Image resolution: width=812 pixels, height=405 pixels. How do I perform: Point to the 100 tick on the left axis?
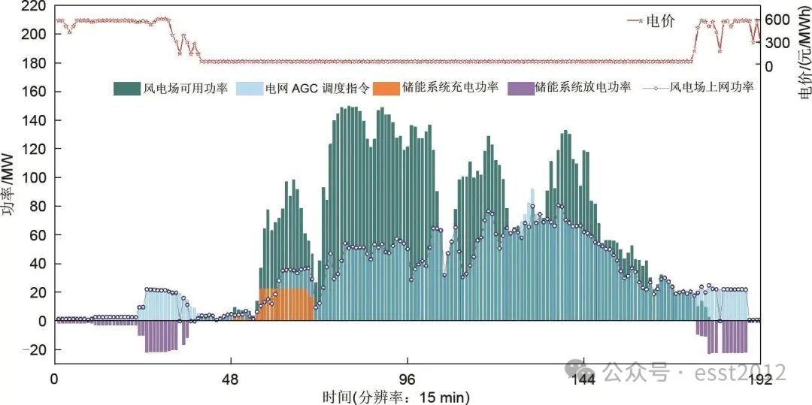tap(33, 178)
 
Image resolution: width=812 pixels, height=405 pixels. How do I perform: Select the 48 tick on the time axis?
tap(231, 379)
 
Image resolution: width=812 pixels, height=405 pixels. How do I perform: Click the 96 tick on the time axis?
tap(407, 379)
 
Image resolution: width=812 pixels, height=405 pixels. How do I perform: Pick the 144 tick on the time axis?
tap(584, 379)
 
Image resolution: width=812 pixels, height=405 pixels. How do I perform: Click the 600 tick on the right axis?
tap(779, 19)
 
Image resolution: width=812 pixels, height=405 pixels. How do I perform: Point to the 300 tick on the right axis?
tap(779, 42)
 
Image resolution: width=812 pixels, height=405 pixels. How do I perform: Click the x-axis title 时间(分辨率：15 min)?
tap(407, 395)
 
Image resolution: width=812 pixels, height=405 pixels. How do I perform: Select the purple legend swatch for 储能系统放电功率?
tap(520, 89)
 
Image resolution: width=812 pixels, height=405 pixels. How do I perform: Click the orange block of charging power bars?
tap(286, 304)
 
